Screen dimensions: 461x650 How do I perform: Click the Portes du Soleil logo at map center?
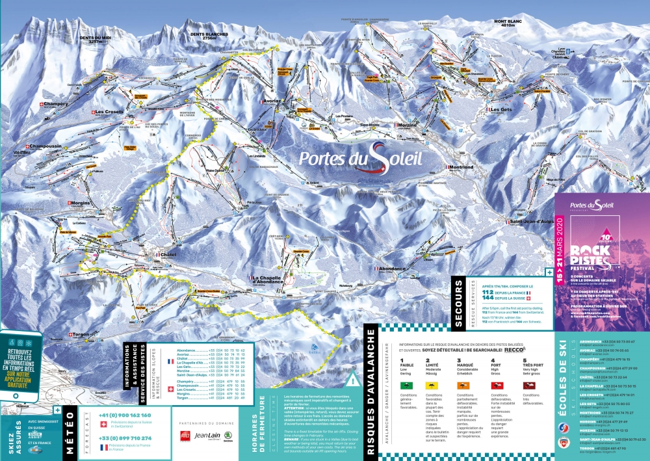351,158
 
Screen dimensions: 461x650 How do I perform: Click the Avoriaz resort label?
271,102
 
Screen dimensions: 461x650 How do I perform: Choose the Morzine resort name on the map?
408,125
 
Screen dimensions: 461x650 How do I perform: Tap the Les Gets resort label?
501,109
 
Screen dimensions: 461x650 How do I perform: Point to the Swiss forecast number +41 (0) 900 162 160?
125,415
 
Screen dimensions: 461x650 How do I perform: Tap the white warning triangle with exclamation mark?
352,378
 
